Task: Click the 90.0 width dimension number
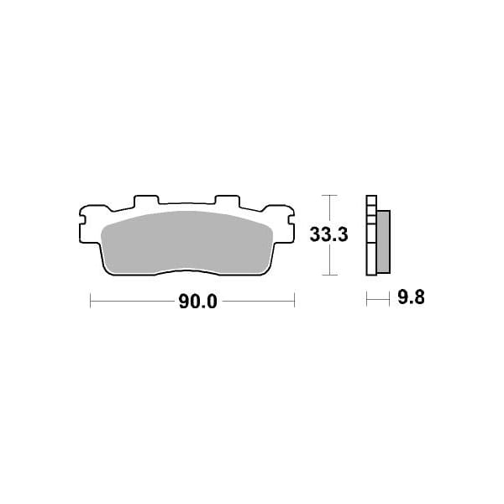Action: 197,302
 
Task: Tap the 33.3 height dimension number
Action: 328,235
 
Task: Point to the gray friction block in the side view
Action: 383,241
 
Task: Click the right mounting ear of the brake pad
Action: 288,224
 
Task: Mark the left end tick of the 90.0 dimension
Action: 91,300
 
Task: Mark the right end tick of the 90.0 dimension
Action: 294,300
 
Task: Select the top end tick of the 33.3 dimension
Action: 330,196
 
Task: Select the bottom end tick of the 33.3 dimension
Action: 330,275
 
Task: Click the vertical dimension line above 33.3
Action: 330,210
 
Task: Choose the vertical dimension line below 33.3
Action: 330,260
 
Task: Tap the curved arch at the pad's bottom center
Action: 186,271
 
